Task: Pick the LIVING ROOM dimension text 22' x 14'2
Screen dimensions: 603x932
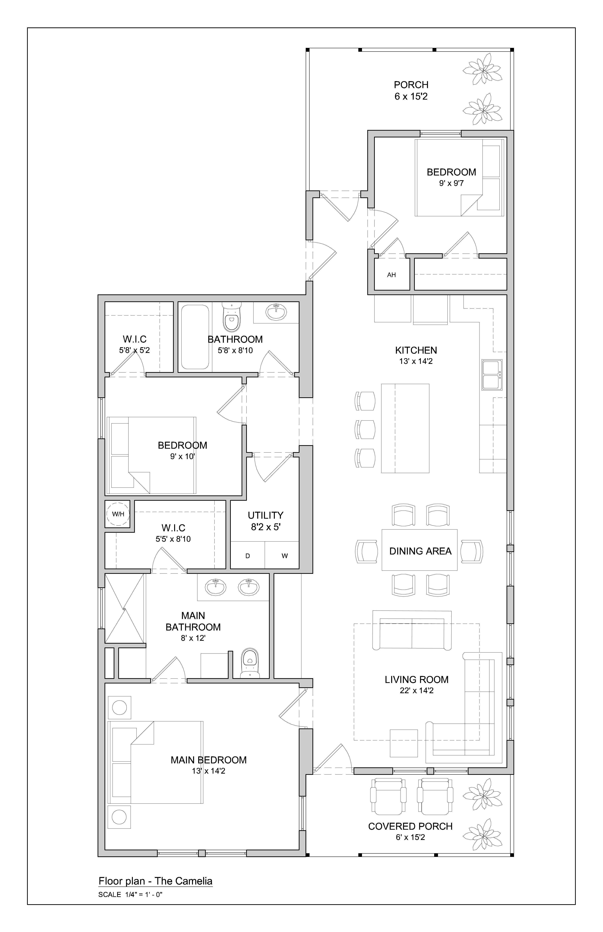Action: pos(417,690)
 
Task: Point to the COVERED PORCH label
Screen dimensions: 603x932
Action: pos(410,826)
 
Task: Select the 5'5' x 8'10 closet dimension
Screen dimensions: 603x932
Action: pos(173,539)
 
